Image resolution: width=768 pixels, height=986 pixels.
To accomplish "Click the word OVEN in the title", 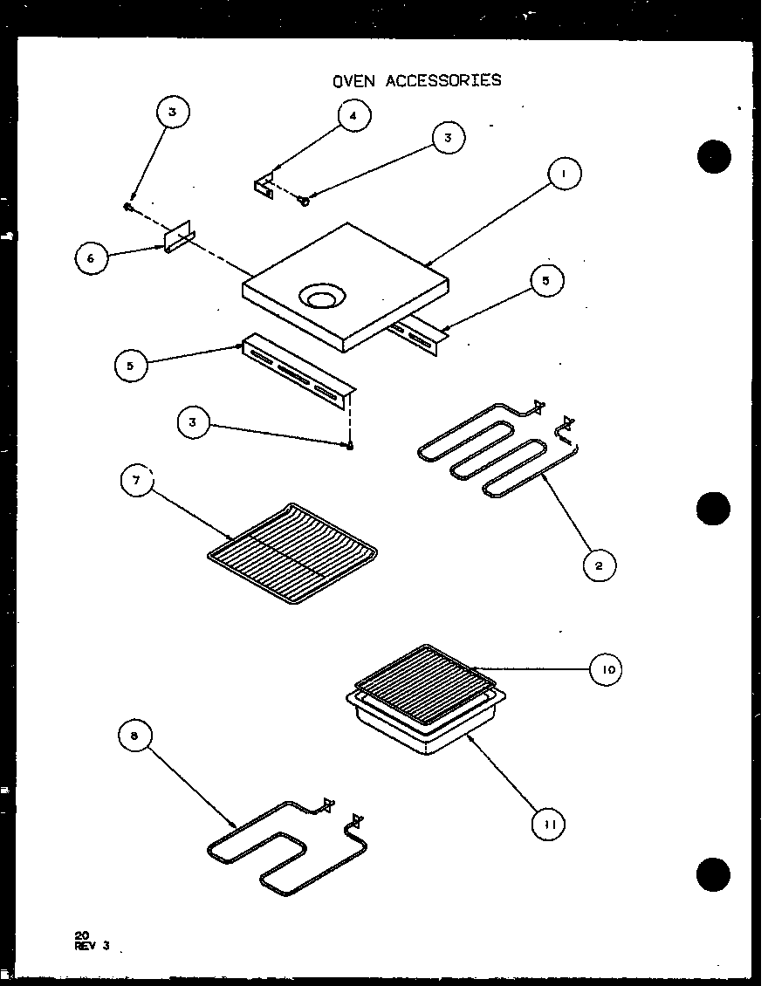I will (x=353, y=80).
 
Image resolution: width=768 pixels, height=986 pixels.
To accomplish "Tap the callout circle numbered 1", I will (x=564, y=174).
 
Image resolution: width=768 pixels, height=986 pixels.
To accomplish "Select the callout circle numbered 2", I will (x=599, y=565).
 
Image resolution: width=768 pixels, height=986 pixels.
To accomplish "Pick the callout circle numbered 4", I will (x=353, y=117).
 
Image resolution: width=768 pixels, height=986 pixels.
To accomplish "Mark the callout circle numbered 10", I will (x=607, y=670).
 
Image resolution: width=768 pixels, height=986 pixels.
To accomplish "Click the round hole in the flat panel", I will (x=319, y=298).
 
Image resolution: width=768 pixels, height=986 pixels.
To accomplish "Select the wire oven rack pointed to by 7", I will (x=292, y=545).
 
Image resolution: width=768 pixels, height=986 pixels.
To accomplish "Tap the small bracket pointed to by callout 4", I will (x=264, y=187).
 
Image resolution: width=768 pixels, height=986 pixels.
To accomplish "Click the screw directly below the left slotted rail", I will (x=349, y=446).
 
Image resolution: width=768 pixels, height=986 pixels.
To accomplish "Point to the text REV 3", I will (x=92, y=944).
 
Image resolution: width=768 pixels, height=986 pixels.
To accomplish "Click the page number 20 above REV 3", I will (x=82, y=935).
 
